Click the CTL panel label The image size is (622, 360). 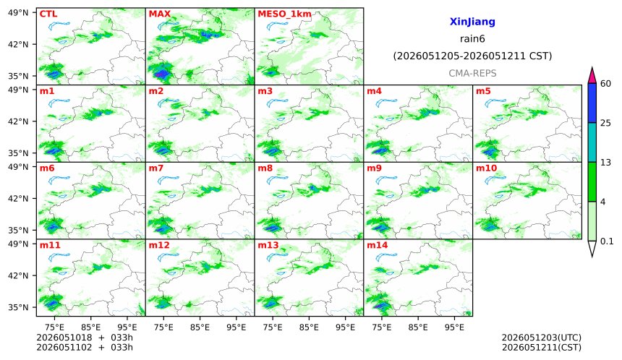point(48,14)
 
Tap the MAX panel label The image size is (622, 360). point(159,14)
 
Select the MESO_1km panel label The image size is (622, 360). point(284,14)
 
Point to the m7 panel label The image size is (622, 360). point(156,168)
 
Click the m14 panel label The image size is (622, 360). point(377,245)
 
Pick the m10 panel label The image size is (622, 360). point(486,168)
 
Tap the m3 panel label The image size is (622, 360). point(265,91)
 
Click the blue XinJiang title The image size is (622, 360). point(472,22)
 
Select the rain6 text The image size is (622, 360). point(472,39)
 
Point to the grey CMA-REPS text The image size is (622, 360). point(472,73)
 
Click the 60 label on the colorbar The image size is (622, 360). point(606,84)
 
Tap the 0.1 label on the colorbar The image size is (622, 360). point(607,241)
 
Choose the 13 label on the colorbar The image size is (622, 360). point(605,163)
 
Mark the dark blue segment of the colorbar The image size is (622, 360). point(592,103)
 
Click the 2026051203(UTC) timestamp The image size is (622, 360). point(542,338)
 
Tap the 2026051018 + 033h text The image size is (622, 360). point(85,338)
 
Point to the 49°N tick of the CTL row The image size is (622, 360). point(18,13)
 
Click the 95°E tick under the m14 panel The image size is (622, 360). point(454,327)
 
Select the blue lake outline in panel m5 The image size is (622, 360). point(495,103)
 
